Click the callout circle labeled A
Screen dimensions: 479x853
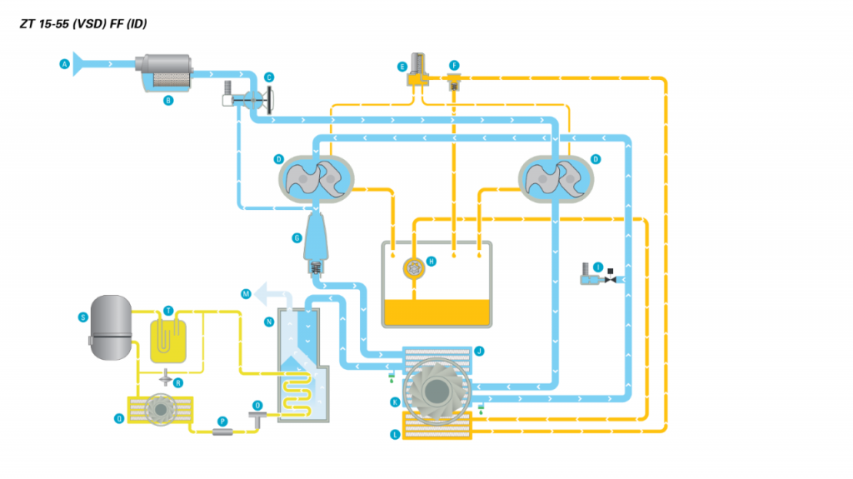point(64,63)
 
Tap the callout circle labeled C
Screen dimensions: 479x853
point(269,77)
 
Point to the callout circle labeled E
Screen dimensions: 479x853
point(402,65)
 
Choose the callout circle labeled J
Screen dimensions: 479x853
point(479,352)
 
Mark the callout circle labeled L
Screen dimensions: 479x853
point(395,434)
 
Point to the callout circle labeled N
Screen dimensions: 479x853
point(269,321)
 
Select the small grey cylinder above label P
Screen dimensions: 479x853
point(222,432)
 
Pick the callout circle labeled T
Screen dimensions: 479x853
point(168,310)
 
